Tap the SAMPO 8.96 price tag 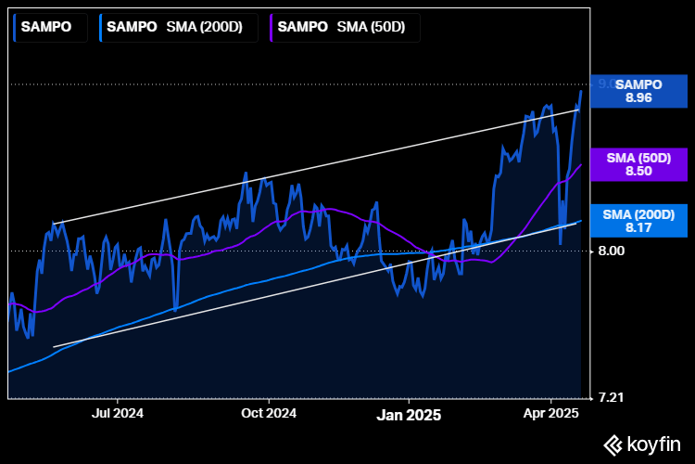[638, 90]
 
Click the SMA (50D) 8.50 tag [638, 164]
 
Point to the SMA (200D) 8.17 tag [638, 221]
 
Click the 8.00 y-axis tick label [612, 251]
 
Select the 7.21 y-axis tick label [612, 397]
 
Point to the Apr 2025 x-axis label [551, 413]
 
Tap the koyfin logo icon [613, 445]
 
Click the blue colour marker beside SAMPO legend [16, 27]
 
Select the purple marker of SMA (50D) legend [271, 27]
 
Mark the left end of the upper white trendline [54, 223]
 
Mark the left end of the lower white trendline [54, 347]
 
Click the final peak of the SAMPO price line [581, 90]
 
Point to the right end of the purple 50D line [581, 164]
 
